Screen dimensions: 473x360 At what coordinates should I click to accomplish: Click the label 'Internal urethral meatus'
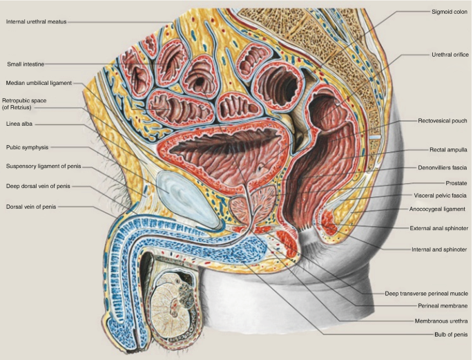tap(37, 21)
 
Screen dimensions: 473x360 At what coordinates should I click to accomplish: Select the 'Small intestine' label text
tap(26, 64)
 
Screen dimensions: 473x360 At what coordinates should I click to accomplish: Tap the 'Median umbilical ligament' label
tap(39, 83)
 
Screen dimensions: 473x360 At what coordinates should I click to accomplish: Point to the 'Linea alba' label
tap(19, 124)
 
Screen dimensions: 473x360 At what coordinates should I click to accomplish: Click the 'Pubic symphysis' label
tap(28, 146)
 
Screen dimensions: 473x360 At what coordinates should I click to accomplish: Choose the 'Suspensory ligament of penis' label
tap(44, 166)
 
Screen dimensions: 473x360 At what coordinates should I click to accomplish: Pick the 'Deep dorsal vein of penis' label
tap(38, 187)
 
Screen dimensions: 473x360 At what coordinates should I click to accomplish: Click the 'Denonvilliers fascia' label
tap(443, 167)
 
